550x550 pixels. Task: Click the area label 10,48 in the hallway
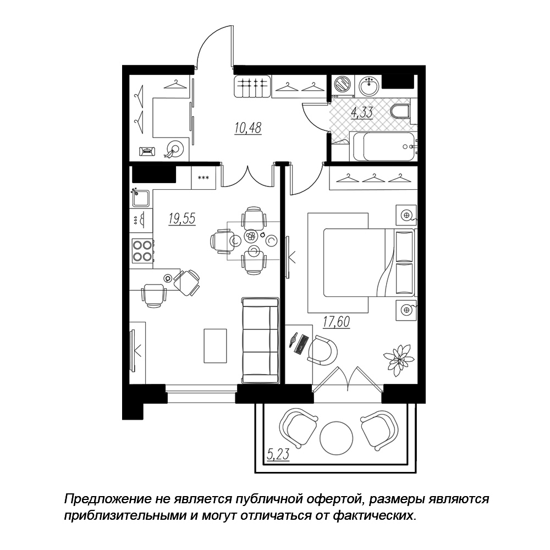(249, 128)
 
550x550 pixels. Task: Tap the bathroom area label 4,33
(362, 113)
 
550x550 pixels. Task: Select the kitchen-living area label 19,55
(182, 218)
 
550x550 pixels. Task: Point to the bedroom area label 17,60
(337, 322)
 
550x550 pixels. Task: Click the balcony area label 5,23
(278, 454)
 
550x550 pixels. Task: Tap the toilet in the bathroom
(400, 112)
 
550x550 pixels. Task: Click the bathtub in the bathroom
(383, 146)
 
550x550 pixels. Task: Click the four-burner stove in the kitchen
(142, 250)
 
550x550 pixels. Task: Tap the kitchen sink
(141, 198)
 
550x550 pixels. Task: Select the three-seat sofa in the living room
(260, 340)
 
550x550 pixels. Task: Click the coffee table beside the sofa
(216, 346)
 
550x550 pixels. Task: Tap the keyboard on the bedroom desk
(301, 344)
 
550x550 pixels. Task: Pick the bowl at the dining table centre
(251, 236)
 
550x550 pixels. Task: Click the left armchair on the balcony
(298, 428)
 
